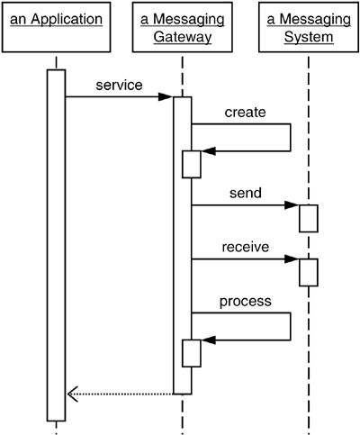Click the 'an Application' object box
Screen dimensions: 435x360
point(56,28)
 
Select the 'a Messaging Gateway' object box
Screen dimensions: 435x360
point(182,28)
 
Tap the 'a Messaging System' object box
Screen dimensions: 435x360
point(307,28)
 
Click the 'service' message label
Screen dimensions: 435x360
point(119,85)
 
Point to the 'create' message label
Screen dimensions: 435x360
point(245,113)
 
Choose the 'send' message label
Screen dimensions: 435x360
point(245,194)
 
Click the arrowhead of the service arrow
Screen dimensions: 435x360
point(167,96)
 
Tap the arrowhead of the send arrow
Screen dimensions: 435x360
point(292,205)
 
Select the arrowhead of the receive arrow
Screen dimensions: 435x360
point(292,259)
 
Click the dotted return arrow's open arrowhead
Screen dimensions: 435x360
point(73,394)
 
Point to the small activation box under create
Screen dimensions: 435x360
point(192,164)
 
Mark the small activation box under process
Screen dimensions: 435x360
point(192,353)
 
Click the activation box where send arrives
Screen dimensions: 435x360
point(308,218)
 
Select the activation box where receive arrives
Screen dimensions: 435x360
point(308,272)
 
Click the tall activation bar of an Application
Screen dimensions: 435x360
point(56,243)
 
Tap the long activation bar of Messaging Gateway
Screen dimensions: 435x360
point(182,243)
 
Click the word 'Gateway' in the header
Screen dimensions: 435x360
point(182,36)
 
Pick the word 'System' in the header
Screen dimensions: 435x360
point(307,36)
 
